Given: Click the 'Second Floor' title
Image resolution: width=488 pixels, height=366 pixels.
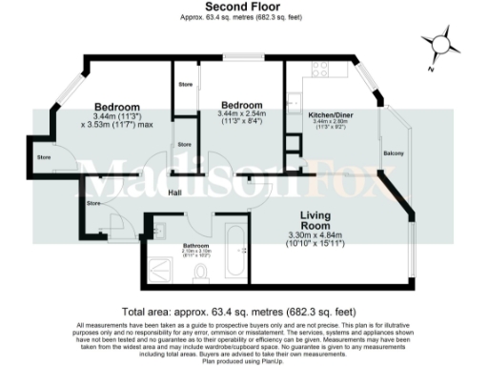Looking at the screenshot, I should pyautogui.click(x=242, y=7).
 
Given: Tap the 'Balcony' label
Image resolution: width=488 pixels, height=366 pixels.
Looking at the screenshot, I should pyautogui.click(x=394, y=153).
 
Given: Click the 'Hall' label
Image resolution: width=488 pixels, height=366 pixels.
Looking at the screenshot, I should pyautogui.click(x=175, y=193).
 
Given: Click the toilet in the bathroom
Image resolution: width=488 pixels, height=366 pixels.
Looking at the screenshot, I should pyautogui.click(x=201, y=274).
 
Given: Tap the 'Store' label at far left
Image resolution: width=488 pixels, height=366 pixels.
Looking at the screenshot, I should pyautogui.click(x=44, y=156).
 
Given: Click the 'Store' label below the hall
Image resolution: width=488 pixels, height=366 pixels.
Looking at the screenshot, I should pyautogui.click(x=93, y=203).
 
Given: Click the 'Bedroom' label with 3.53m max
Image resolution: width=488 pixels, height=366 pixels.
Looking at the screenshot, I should pyautogui.click(x=117, y=106).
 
